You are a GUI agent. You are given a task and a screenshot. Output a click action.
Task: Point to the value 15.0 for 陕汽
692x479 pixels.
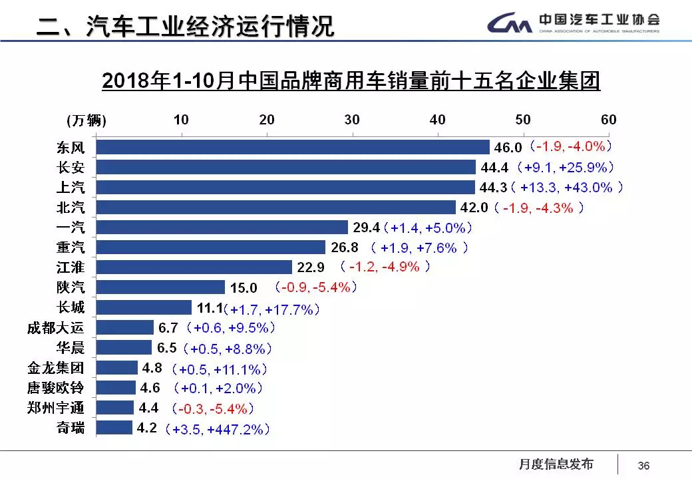pos(244,288)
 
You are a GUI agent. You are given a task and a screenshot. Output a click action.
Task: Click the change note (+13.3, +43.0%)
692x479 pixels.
pos(572,188)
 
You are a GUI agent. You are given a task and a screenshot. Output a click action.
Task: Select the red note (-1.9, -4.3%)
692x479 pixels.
pos(539,208)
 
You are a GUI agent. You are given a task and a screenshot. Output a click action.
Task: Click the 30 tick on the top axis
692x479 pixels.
pos(352,120)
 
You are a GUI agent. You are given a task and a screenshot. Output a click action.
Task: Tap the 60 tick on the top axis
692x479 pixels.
pos(608,120)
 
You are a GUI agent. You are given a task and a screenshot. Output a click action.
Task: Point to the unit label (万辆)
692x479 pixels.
pos(86,120)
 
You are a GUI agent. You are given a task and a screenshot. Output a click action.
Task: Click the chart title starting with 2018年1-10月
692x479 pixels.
pos(351,81)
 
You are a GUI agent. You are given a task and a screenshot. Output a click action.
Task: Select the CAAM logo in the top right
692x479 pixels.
pos(572,23)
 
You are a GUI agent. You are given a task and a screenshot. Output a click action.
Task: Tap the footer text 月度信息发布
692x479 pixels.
pos(556,464)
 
